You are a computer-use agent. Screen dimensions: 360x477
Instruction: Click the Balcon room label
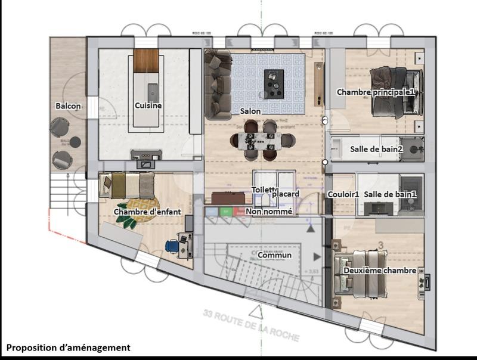tap(68, 106)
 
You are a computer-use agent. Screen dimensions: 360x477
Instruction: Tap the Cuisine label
tap(148, 106)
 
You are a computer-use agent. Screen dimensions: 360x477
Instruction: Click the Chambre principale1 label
tap(375, 92)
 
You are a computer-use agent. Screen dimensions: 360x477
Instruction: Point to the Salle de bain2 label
tap(376, 149)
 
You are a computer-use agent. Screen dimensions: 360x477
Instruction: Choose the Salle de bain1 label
tap(390, 194)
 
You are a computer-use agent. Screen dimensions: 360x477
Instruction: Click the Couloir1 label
tap(343, 194)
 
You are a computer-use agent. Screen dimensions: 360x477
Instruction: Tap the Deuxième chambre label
tap(379, 271)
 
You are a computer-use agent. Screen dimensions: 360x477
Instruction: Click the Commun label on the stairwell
tap(275, 255)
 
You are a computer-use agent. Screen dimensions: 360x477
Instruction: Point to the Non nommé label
tap(269, 211)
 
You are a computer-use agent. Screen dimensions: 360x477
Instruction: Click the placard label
tap(285, 194)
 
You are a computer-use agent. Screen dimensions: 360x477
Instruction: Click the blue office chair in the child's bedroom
tap(172, 246)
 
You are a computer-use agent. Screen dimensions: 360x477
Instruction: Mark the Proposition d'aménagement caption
tap(68, 347)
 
